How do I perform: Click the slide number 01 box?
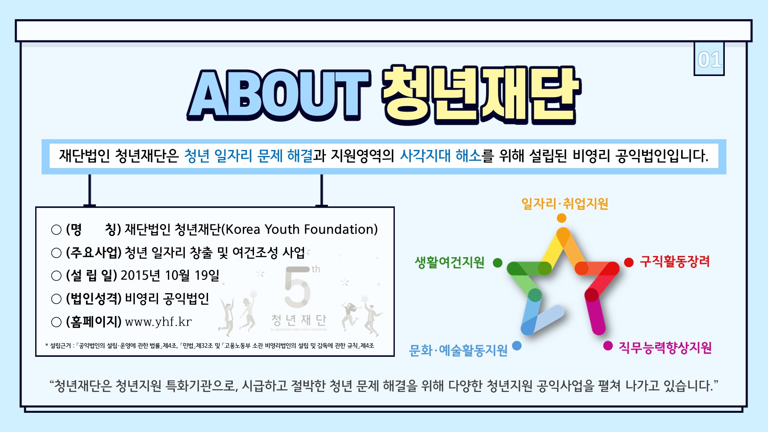pyautogui.click(x=709, y=59)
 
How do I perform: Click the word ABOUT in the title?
pyautogui.click(x=278, y=95)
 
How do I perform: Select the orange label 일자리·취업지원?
pyautogui.click(x=564, y=204)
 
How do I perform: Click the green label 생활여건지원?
pyautogui.click(x=450, y=262)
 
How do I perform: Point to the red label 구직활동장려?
pyautogui.click(x=674, y=262)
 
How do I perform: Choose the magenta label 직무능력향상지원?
pyautogui.click(x=665, y=347)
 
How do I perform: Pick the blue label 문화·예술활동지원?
pyautogui.click(x=458, y=350)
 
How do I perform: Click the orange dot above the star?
pyautogui.click(x=562, y=218)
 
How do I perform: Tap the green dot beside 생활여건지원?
pyautogui.click(x=498, y=263)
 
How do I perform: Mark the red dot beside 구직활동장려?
pyautogui.click(x=629, y=262)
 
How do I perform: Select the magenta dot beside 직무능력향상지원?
pyautogui.click(x=608, y=346)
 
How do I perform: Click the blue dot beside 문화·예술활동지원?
pyautogui.click(x=517, y=346)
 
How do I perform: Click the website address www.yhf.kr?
pyautogui.click(x=158, y=322)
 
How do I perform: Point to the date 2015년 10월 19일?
pyautogui.click(x=170, y=275)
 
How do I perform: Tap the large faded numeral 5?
pyautogui.click(x=298, y=286)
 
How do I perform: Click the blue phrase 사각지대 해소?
pyautogui.click(x=440, y=156)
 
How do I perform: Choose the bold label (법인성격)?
pyautogui.click(x=94, y=298)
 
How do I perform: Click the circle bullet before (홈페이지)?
pyautogui.click(x=56, y=322)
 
